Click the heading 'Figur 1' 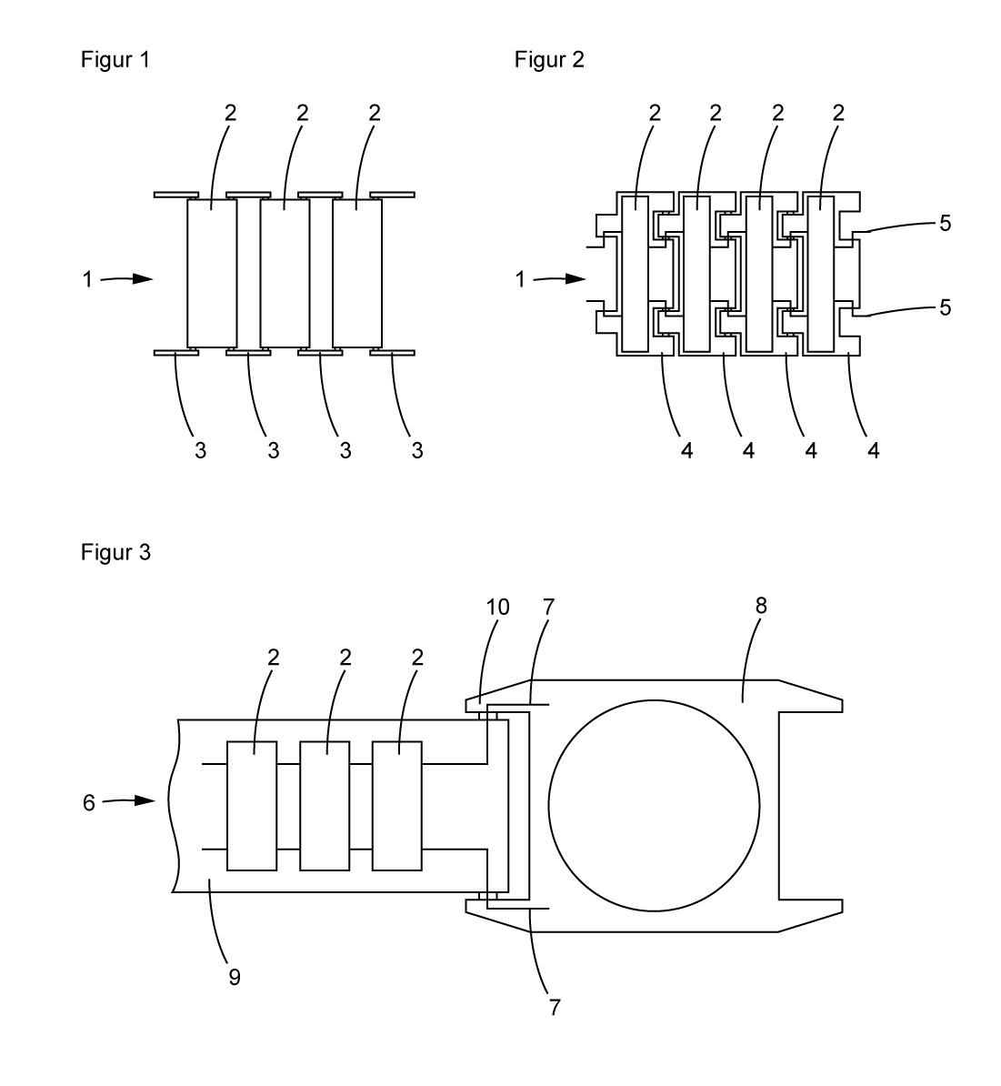[115, 60]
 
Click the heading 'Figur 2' [549, 60]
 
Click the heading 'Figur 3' [115, 552]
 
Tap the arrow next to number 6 [129, 800]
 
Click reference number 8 [761, 606]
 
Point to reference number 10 [497, 607]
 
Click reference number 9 [235, 977]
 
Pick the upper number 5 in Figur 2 [945, 223]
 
